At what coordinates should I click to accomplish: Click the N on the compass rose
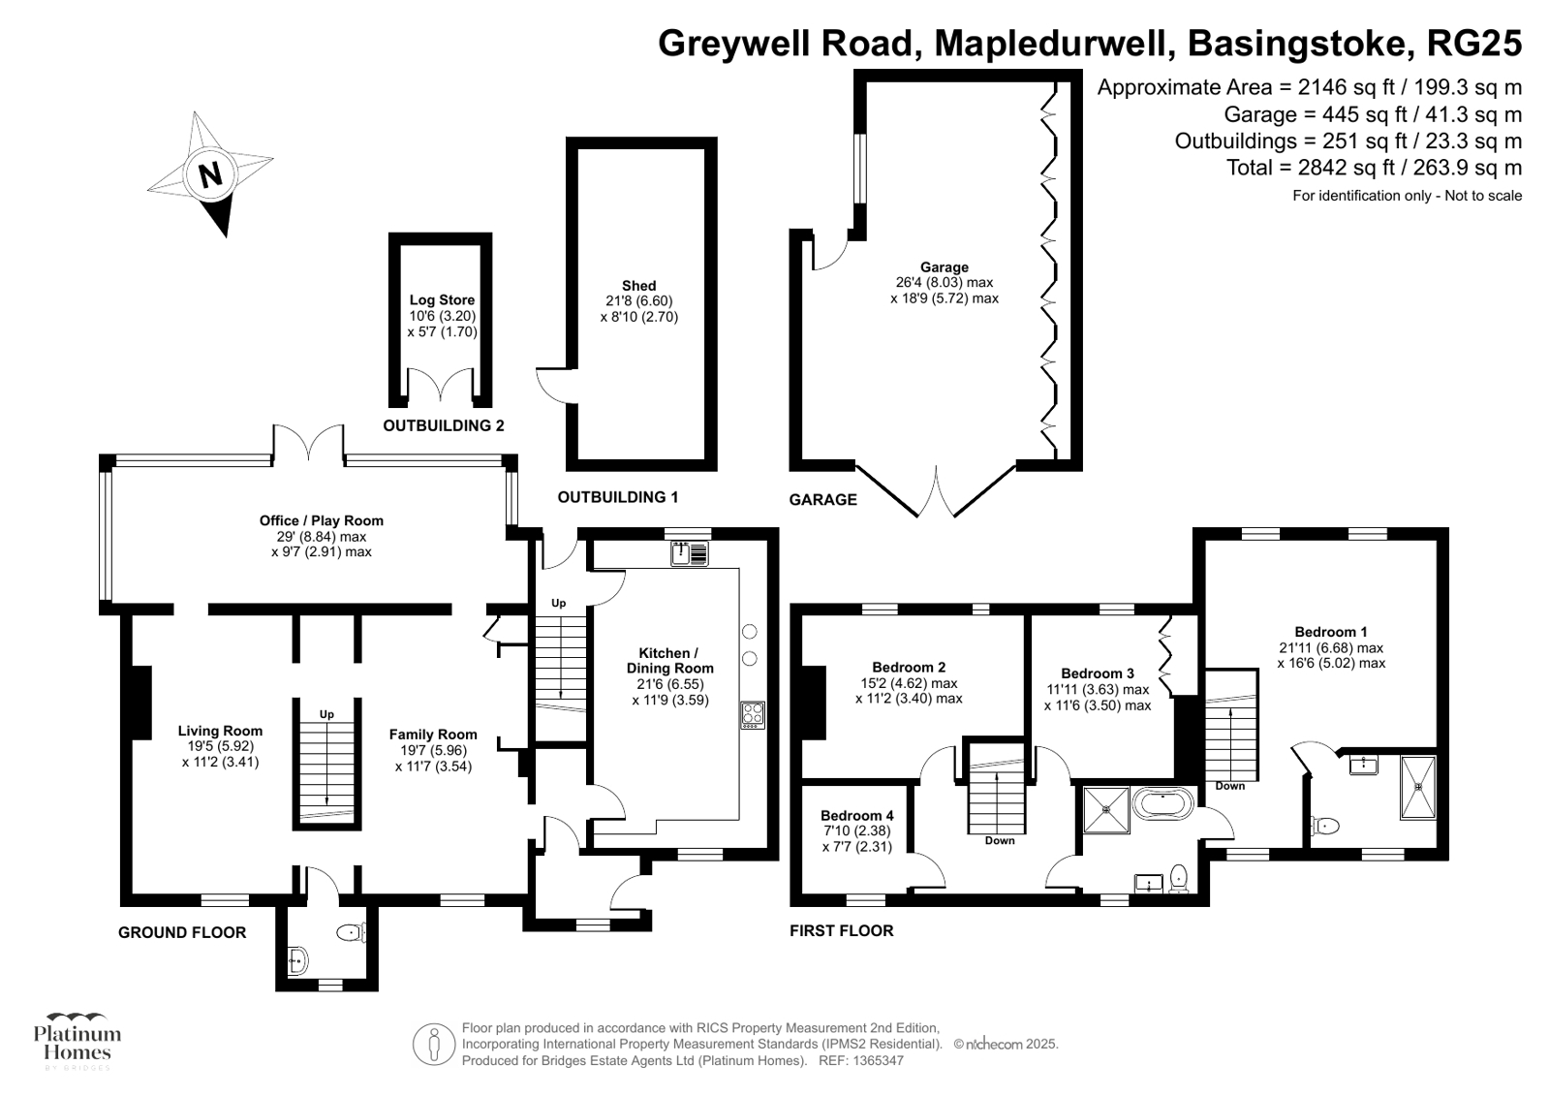pyautogui.click(x=210, y=174)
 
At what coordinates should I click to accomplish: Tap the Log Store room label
pyautogui.click(x=442, y=300)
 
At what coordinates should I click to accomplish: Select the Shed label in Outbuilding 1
pyautogui.click(x=638, y=286)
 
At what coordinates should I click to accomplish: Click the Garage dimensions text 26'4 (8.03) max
pyautogui.click(x=945, y=283)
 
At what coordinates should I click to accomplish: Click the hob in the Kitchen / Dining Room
pyautogui.click(x=753, y=714)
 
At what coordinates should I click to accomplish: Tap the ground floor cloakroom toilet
pyautogui.click(x=350, y=933)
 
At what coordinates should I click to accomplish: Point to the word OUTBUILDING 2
pyautogui.click(x=444, y=425)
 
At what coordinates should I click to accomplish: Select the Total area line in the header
pyautogui.click(x=1374, y=168)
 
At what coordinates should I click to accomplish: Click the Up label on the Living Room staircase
pyautogui.click(x=326, y=714)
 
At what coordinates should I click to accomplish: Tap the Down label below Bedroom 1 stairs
pyautogui.click(x=1229, y=786)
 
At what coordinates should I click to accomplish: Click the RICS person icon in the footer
pyautogui.click(x=434, y=1045)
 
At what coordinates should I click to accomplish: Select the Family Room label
pyautogui.click(x=433, y=735)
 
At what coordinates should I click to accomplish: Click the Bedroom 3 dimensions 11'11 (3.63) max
pyautogui.click(x=1097, y=690)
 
